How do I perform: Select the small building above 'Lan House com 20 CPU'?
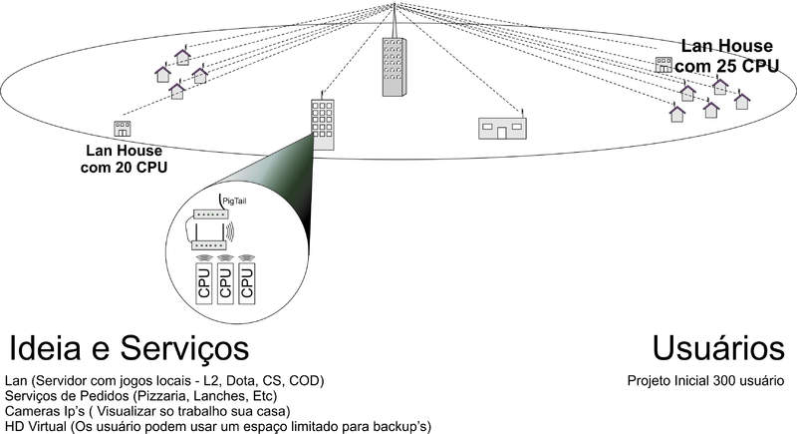click(123, 128)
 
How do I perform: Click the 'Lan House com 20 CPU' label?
click(124, 159)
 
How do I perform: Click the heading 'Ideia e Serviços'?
click(129, 349)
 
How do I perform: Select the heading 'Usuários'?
click(717, 349)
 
